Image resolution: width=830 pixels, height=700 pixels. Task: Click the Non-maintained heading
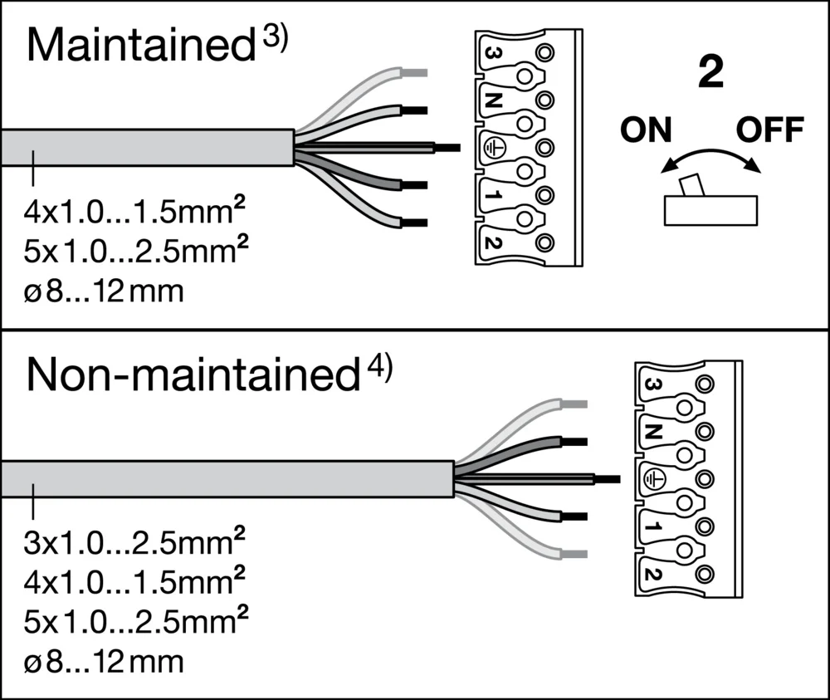tap(191, 376)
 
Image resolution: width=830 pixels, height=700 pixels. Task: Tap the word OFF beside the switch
tap(770, 130)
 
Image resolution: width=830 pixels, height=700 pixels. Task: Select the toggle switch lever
tap(688, 185)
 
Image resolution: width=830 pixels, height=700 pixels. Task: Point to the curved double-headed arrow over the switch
tap(710, 159)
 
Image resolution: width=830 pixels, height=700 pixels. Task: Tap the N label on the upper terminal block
tap(492, 101)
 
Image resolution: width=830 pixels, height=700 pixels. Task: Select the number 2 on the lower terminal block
tap(652, 572)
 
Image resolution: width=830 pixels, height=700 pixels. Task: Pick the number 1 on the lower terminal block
tap(652, 525)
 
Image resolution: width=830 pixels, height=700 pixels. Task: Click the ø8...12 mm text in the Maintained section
tap(104, 292)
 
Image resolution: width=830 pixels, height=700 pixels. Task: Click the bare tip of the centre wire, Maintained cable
tap(447, 148)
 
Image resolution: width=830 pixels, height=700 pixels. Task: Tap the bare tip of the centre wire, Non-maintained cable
tap(608, 479)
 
